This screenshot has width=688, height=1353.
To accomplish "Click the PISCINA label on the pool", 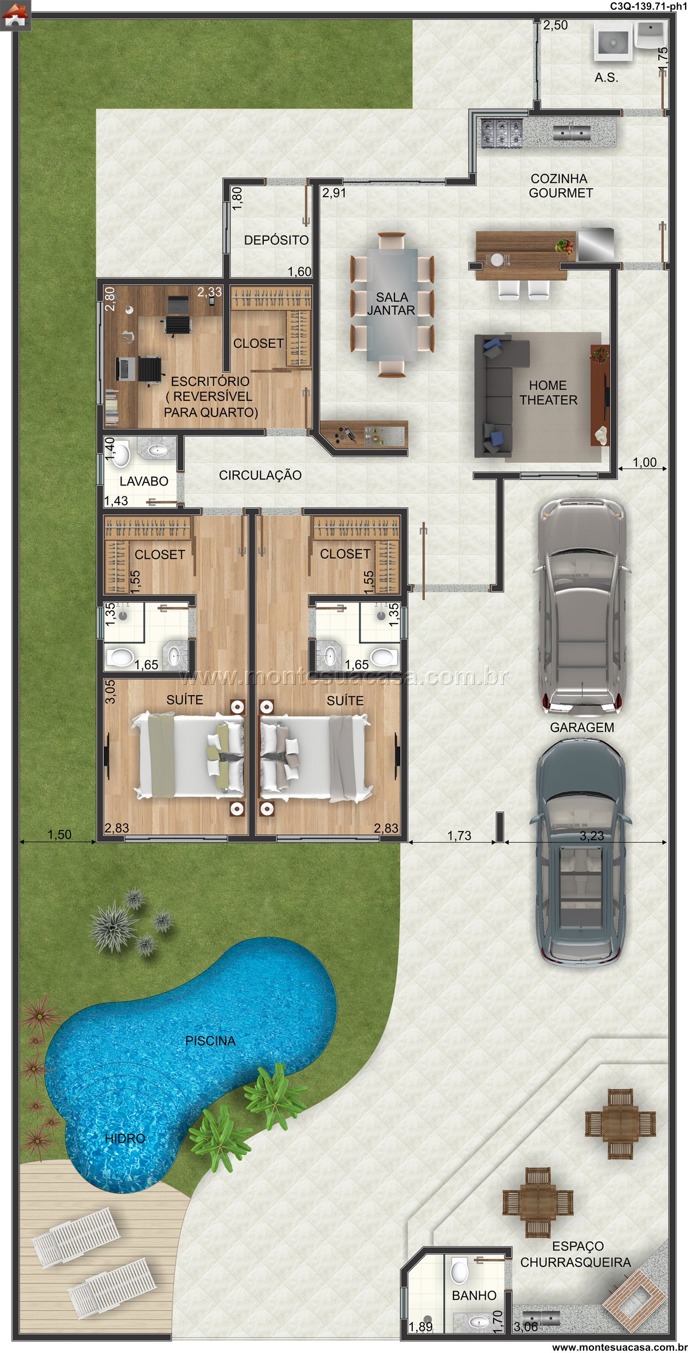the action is pos(210,1041).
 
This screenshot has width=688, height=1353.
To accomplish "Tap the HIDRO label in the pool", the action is pos(125,1138).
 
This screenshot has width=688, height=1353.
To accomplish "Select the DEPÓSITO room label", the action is pos(276,240).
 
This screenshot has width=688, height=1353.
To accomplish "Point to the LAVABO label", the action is pos(144,481).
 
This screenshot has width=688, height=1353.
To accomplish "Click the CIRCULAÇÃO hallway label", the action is pos(260,475).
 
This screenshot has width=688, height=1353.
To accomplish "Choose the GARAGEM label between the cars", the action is pos(582,727).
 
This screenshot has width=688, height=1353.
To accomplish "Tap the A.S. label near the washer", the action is pos(607,77).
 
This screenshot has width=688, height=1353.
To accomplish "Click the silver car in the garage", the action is pos(580,607).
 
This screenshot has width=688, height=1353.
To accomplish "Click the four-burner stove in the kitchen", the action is pos(502,133).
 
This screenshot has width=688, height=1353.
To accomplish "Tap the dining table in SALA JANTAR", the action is pos(392,304).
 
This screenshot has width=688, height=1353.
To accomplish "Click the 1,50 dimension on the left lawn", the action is pos(60,835).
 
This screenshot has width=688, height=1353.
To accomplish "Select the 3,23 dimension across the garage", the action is pos(592,836).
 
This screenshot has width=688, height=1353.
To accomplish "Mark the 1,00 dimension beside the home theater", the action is pos(644,462).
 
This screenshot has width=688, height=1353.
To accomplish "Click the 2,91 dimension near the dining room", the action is pos(334,193).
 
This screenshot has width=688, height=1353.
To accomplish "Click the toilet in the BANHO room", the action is pos(460,1271).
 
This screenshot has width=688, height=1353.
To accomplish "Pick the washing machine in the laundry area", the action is pos(613,41).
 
